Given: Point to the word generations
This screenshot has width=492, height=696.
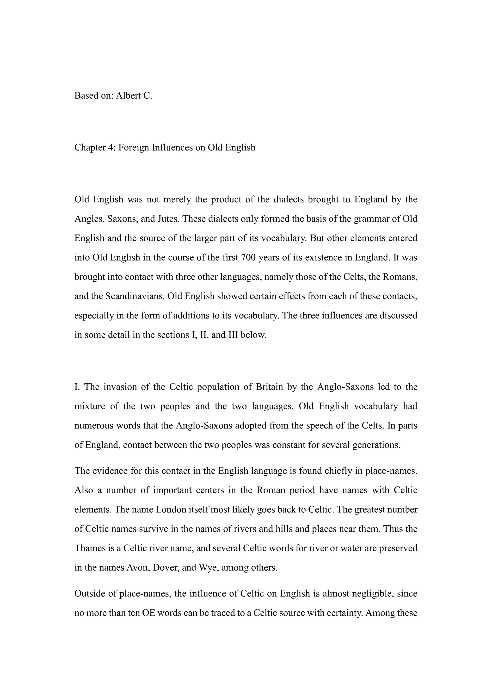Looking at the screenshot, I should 377,445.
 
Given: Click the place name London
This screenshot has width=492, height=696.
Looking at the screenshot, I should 171,510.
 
